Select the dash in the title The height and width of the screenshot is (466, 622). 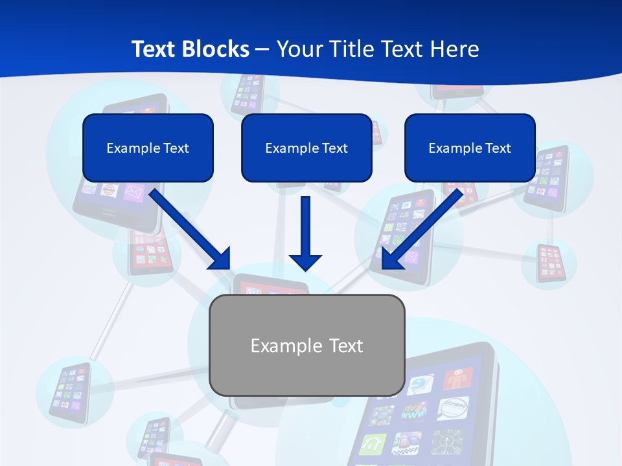[262, 49]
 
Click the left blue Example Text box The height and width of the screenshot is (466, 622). [148, 148]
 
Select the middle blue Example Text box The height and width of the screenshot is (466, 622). [306, 148]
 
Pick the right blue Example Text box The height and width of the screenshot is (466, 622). [470, 148]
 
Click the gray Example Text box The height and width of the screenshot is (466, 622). [307, 345]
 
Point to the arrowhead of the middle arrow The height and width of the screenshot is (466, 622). [305, 261]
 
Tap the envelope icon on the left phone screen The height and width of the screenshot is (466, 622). [133, 192]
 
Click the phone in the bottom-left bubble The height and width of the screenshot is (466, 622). [67, 393]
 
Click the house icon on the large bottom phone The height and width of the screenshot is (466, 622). [374, 445]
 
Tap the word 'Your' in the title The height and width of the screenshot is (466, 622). [299, 49]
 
